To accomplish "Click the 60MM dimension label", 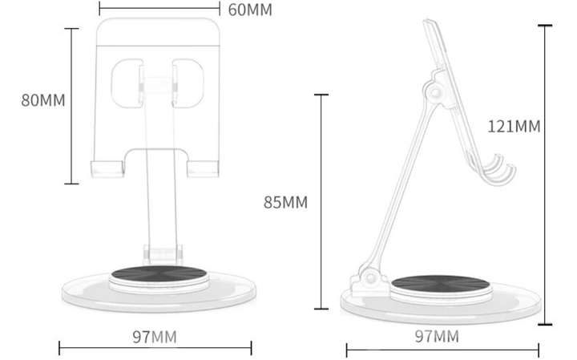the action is point(250,10).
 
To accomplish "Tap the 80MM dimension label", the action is point(43,100).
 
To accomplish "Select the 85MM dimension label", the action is point(285,203).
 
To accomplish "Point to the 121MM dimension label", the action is point(514,127).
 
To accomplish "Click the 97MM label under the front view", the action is point(155,337).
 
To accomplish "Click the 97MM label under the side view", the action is point(438,336).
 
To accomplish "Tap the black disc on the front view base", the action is point(159,274).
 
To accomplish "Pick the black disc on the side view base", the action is point(440,283).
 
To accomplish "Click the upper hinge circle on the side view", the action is point(435,92).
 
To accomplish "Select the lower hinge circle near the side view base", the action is point(371,277).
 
